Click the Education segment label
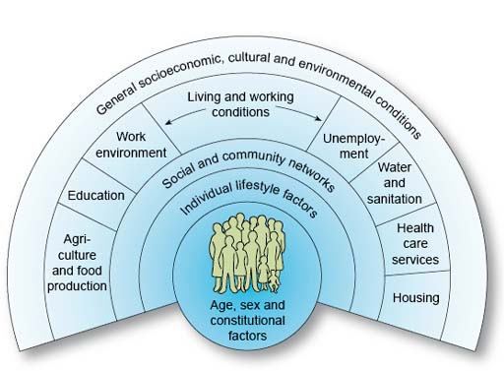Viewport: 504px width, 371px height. point(96,195)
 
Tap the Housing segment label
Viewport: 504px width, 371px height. point(415,296)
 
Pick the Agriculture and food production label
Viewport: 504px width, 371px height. point(77,262)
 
